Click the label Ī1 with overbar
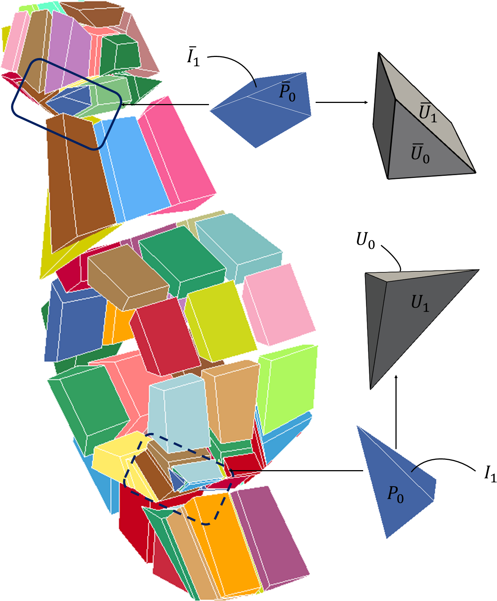[x=193, y=57]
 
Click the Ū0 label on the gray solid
[x=420, y=154]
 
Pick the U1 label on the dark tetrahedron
[x=420, y=303]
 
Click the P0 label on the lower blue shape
[x=395, y=494]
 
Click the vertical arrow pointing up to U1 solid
[x=396, y=412]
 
